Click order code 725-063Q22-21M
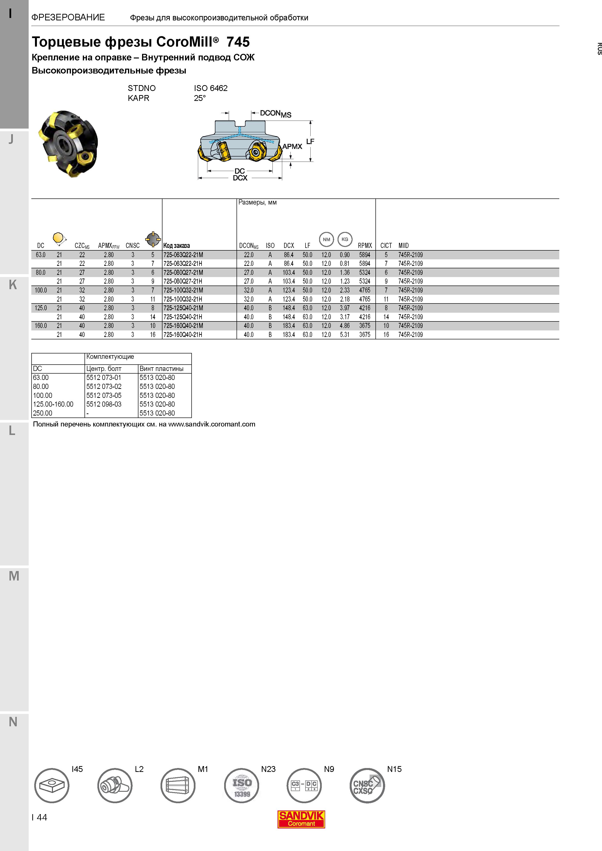[x=183, y=255]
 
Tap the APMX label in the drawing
[x=292, y=147]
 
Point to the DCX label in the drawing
[x=240, y=178]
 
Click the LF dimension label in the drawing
[x=310, y=141]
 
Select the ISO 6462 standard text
[x=211, y=88]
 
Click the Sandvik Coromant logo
[x=301, y=819]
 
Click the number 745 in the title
[x=238, y=42]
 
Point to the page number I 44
[x=40, y=817]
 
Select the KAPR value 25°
[x=200, y=98]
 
